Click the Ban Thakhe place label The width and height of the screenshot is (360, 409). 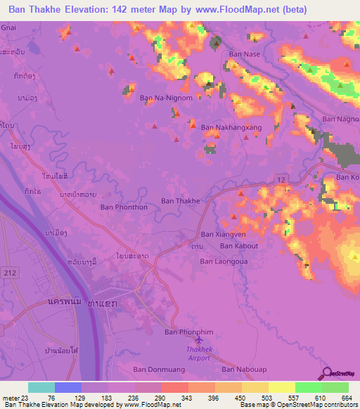[181, 201]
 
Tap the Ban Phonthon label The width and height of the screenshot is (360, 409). [124, 207]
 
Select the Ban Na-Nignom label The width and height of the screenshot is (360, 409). [166, 98]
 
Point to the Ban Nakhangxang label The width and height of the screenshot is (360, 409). [231, 128]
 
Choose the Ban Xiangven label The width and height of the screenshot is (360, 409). [224, 235]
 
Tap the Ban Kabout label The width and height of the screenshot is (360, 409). [239, 247]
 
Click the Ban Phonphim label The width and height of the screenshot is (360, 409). [188, 332]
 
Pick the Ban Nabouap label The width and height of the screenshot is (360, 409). [243, 369]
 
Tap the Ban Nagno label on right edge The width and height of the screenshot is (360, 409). [340, 119]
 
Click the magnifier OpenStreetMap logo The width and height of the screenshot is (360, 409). [326, 373]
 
